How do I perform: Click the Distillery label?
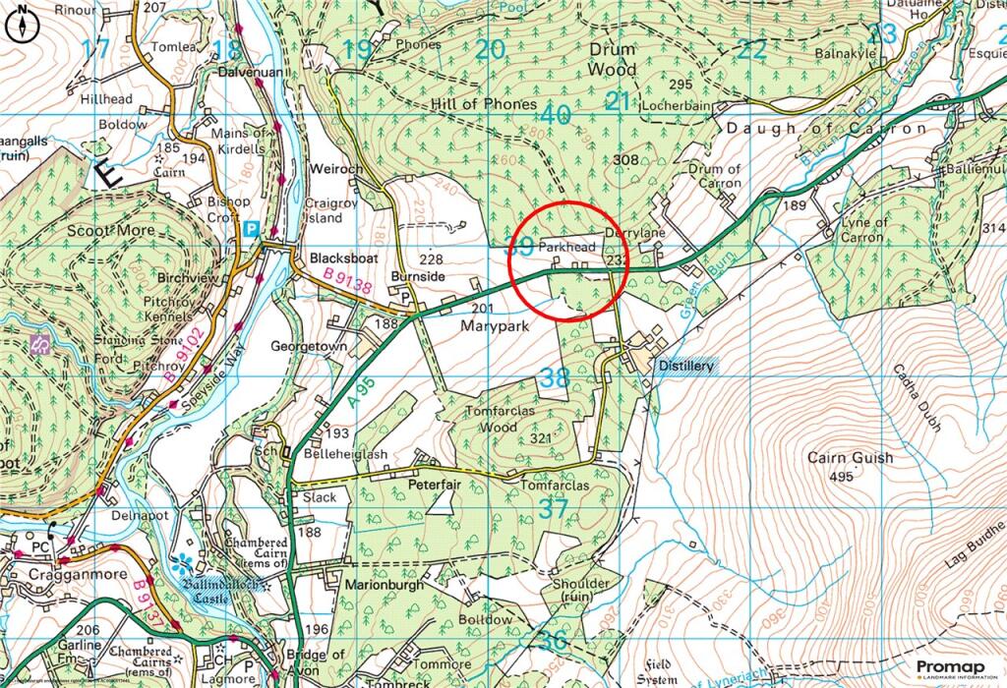click(686, 365)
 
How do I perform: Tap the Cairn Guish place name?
click(850, 458)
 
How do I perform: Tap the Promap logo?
click(950, 669)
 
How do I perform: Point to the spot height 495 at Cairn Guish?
click(840, 477)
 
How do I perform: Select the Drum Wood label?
click(612, 58)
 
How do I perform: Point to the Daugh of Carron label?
click(826, 129)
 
